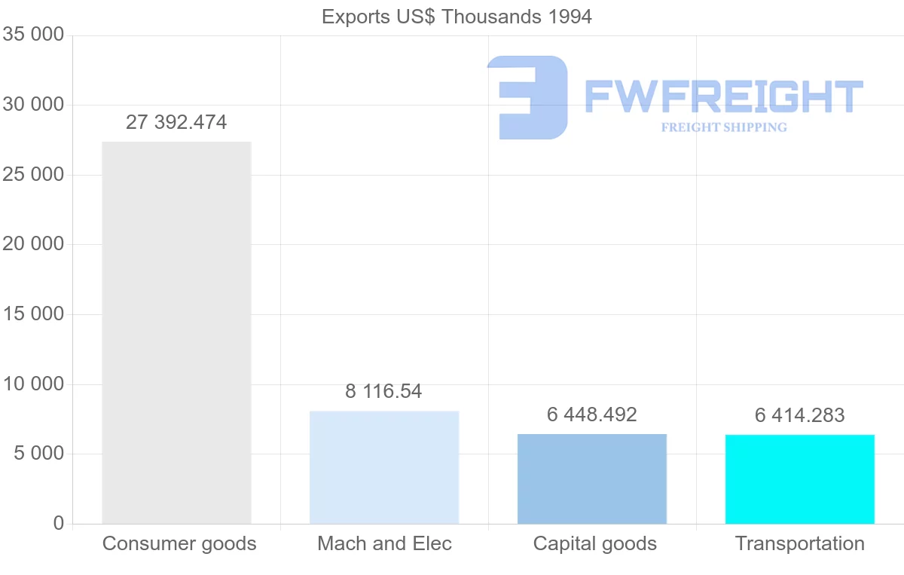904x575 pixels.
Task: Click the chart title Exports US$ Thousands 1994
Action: click(457, 17)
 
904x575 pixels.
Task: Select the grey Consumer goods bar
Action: click(176, 332)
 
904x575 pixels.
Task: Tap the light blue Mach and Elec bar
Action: click(384, 467)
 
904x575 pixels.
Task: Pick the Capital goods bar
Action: click(592, 479)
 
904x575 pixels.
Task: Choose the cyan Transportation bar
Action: click(800, 479)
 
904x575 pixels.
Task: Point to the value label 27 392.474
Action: click(176, 123)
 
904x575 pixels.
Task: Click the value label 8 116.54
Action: click(384, 392)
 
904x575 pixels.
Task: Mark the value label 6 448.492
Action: click(592, 415)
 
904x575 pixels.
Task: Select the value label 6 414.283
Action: click(800, 415)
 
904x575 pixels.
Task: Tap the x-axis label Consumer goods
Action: click(179, 544)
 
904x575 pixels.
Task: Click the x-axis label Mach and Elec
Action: click(384, 544)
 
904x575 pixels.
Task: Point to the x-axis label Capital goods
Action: click(594, 544)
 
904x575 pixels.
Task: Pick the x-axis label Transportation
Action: click(800, 544)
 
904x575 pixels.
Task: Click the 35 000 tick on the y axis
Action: click(33, 35)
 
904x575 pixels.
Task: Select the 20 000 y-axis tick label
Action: click(33, 245)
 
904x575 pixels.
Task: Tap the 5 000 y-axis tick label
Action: click(38, 454)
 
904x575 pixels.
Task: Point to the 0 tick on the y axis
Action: click(59, 524)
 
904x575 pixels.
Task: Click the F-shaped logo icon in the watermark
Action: click(527, 97)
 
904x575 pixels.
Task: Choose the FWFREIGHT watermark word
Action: click(724, 96)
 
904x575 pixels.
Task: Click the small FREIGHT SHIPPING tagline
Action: click(724, 127)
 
